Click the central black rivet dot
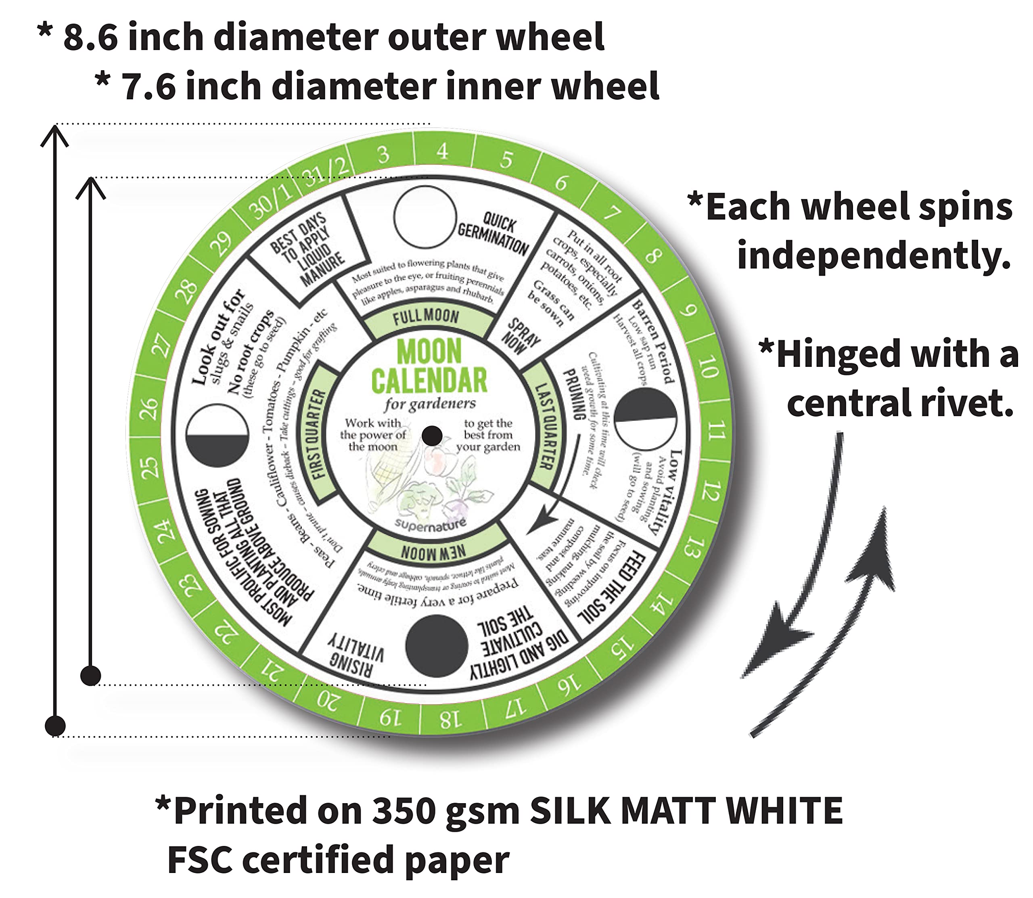click(x=432, y=436)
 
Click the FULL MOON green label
click(x=426, y=317)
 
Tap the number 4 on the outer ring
click(x=442, y=151)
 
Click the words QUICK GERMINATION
click(x=493, y=233)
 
